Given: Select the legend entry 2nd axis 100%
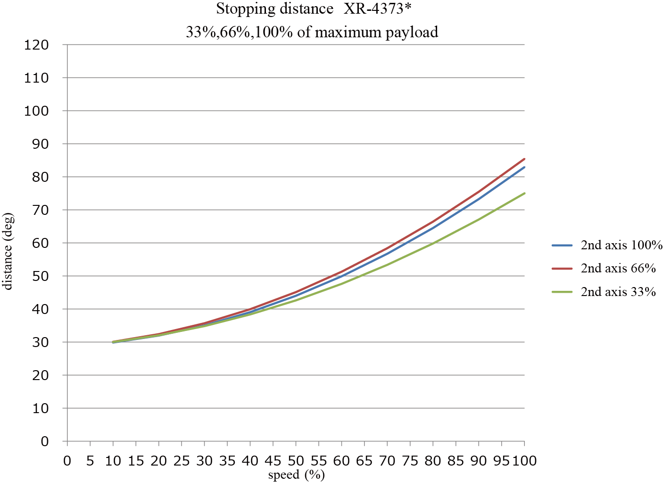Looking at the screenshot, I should coord(622,245).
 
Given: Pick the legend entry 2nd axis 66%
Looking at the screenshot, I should coord(618,268).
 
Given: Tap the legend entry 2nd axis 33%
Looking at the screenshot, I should coord(618,292).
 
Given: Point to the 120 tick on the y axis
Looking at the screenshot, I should coord(37,45).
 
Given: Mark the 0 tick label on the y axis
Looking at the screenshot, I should coord(45,441).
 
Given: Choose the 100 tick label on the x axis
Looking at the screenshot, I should coord(524,461).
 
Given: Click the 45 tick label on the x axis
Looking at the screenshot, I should coord(273,461).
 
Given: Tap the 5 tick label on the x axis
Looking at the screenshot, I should coord(90,461).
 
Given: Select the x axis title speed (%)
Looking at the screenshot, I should coord(296,475).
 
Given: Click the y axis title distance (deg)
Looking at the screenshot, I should coord(8,251).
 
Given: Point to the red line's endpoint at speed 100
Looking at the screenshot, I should coord(524,159).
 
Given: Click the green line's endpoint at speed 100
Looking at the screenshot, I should coord(524,193).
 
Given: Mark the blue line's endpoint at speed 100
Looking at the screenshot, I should coord(524,167).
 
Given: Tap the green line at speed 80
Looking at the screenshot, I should coord(433,244).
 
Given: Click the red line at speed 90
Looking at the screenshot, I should coord(479,192).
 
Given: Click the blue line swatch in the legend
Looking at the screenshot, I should coord(562,246).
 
